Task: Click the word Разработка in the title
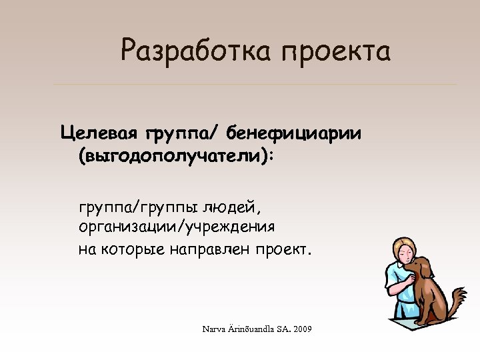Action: [195, 51]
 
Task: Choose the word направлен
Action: [213, 249]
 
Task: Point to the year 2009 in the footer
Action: [302, 329]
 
